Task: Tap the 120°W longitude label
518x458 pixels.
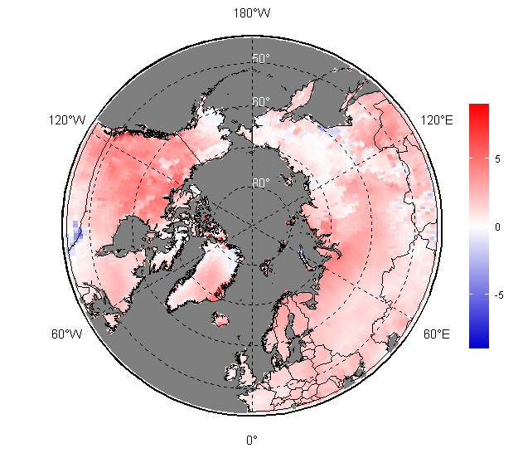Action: click(67, 120)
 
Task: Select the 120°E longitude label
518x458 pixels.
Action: click(437, 120)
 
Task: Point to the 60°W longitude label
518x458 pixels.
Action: click(67, 334)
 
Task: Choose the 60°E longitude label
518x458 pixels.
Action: click(437, 334)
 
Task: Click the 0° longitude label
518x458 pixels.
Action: click(251, 440)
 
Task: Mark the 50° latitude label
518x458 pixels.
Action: click(261, 58)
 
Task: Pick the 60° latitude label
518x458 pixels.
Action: click(261, 102)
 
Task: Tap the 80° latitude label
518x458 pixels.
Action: click(261, 183)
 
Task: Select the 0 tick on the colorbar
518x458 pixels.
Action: click(497, 226)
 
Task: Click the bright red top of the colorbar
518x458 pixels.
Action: click(478, 108)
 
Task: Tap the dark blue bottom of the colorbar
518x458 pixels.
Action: click(478, 343)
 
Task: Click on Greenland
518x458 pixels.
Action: click(203, 278)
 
